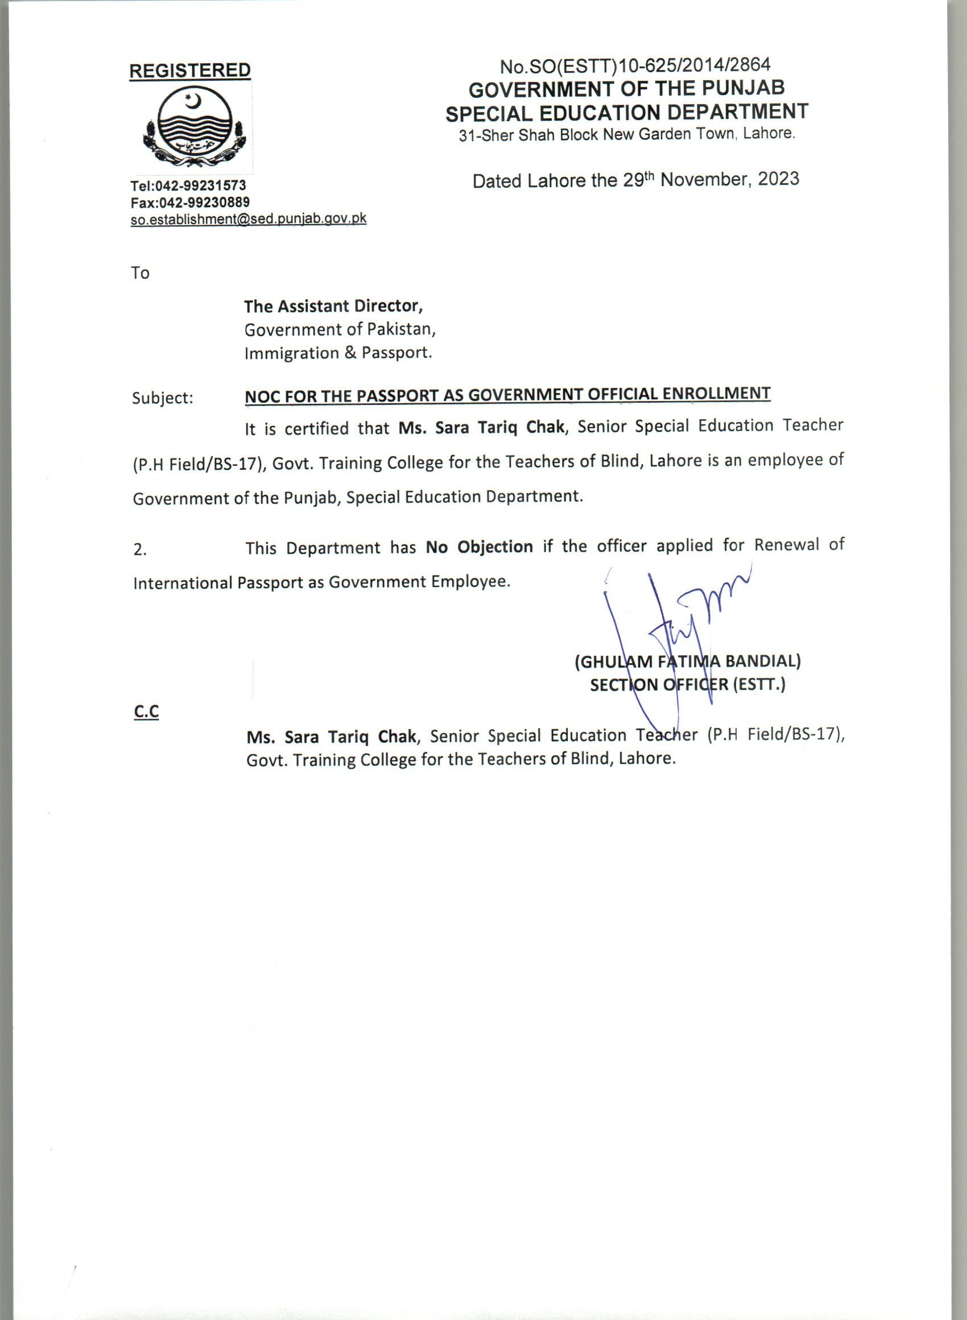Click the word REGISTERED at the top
[x=189, y=71]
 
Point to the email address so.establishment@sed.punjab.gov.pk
[x=248, y=219]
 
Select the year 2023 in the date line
[x=778, y=179]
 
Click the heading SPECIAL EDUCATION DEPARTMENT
[x=627, y=112]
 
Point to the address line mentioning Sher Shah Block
[x=627, y=135]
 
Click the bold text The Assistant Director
[x=333, y=306]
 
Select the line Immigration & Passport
[x=338, y=353]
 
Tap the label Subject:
[x=163, y=398]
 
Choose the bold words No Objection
[x=479, y=547]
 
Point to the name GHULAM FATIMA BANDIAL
[x=688, y=661]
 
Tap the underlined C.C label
[x=146, y=711]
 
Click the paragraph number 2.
[x=140, y=550]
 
